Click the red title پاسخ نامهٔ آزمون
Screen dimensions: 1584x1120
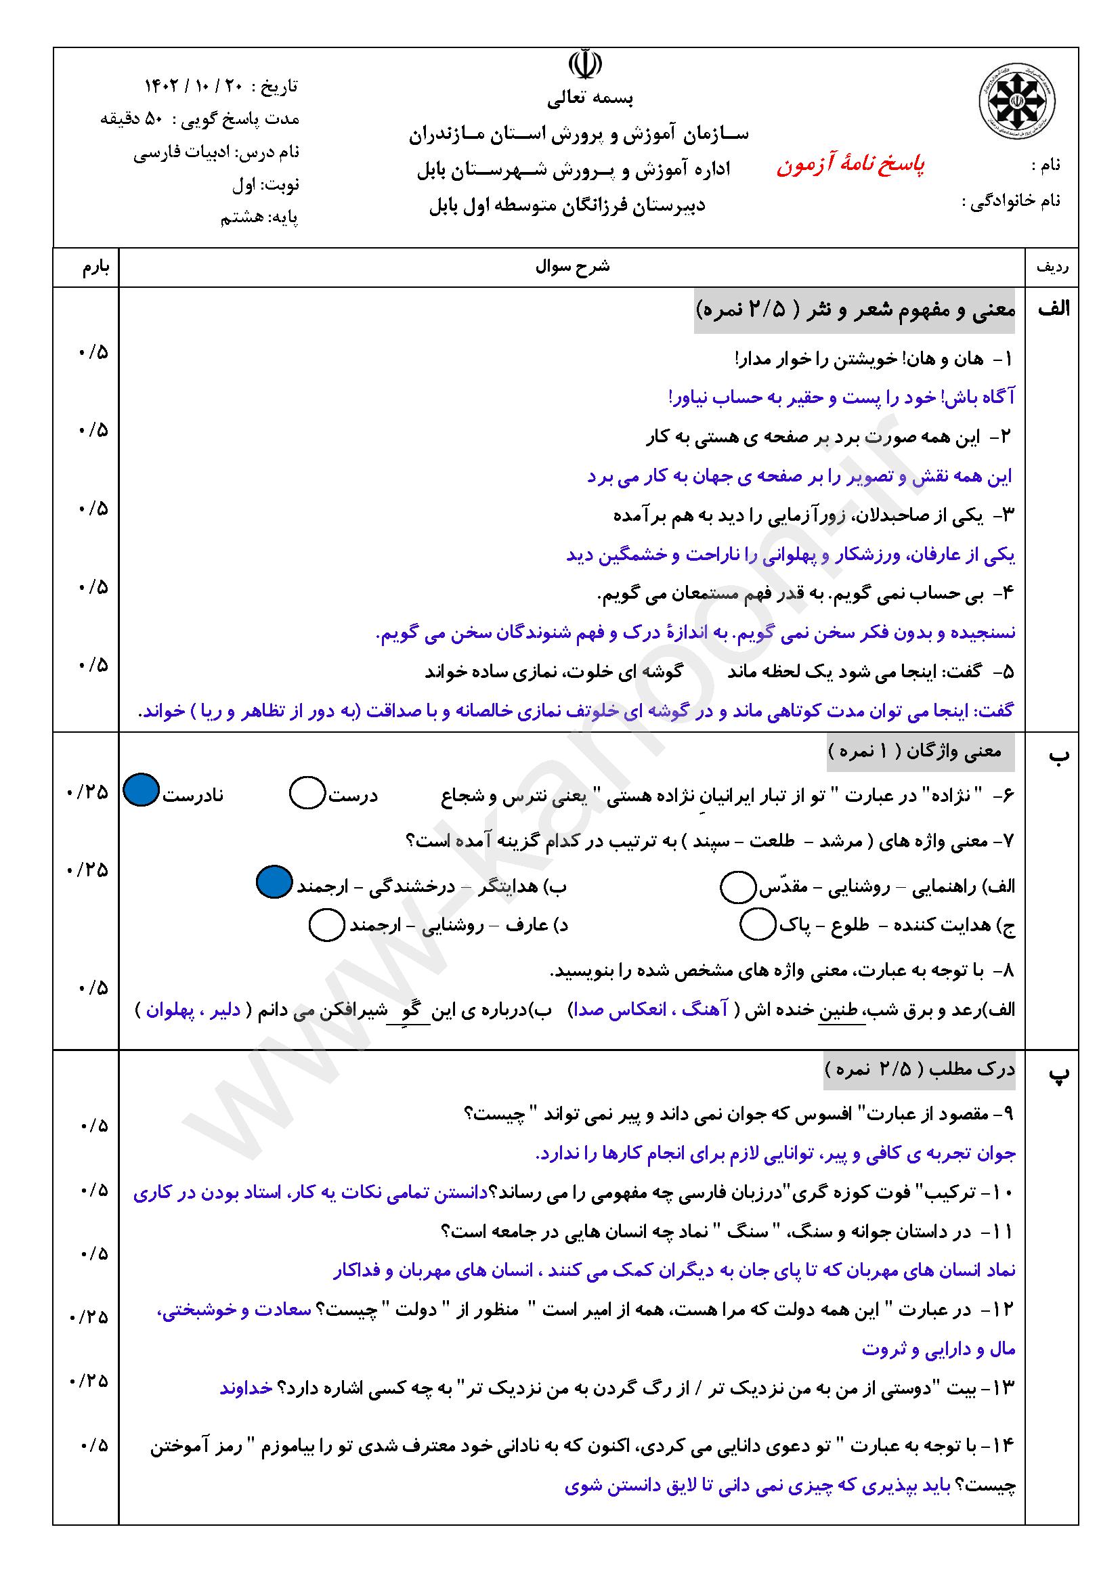click(x=851, y=165)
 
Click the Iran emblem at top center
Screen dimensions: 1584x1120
click(x=585, y=64)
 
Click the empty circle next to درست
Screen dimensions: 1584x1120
click(x=307, y=793)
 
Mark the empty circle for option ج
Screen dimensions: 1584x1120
click(x=758, y=924)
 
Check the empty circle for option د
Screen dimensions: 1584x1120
click(x=327, y=925)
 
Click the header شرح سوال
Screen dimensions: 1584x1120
click(x=572, y=267)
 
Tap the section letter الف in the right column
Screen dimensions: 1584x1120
click(x=1053, y=309)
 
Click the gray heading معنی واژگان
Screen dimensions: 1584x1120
click(x=922, y=752)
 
